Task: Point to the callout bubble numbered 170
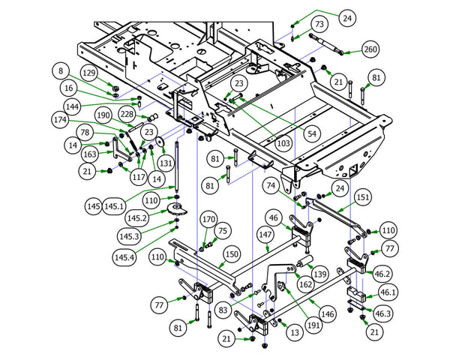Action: tap(208, 219)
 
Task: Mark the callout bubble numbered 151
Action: tap(361, 197)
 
